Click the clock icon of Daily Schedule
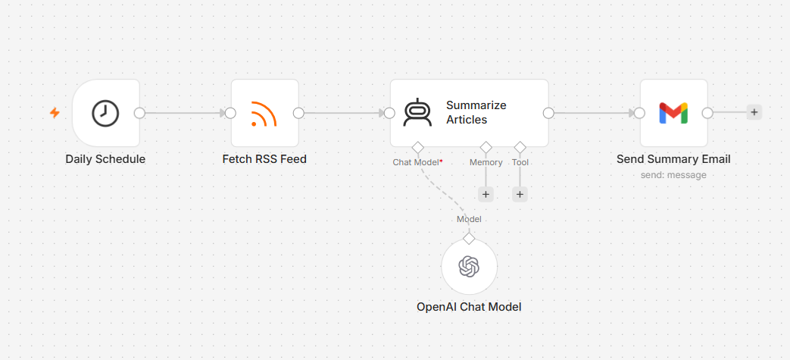click(x=105, y=113)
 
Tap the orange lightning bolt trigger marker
click(x=55, y=113)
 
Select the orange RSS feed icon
click(x=264, y=114)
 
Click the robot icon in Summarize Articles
click(x=417, y=112)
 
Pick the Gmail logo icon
click(x=673, y=113)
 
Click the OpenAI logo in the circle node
click(x=469, y=266)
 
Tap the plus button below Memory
click(x=486, y=194)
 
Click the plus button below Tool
click(x=520, y=194)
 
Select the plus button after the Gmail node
click(x=754, y=112)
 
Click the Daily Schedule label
click(x=105, y=159)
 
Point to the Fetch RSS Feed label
click(x=264, y=159)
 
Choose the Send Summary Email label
click(x=673, y=159)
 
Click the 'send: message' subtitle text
click(x=673, y=175)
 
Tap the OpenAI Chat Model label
click(x=469, y=306)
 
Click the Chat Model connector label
click(x=416, y=162)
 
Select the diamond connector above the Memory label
click(x=486, y=148)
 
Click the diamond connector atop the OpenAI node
click(x=469, y=239)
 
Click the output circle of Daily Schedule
click(x=139, y=113)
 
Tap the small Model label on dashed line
click(x=469, y=219)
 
